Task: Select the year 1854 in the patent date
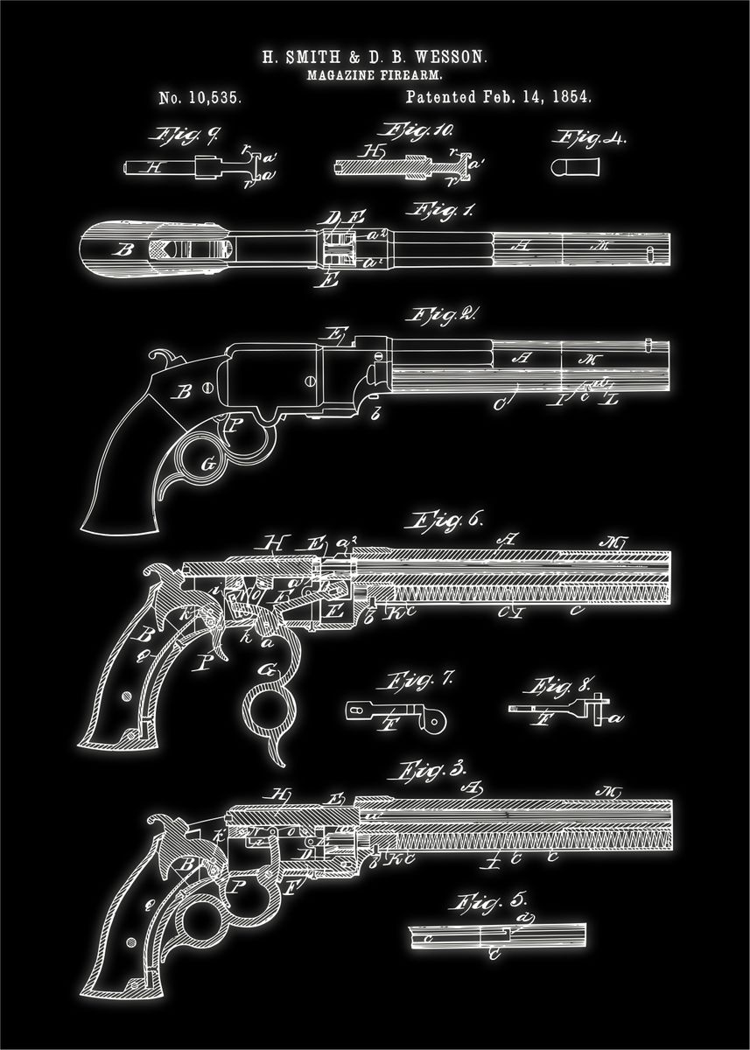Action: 571,97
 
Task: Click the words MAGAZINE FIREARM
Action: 375,76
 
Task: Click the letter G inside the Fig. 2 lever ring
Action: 208,465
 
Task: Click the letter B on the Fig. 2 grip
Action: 183,393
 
